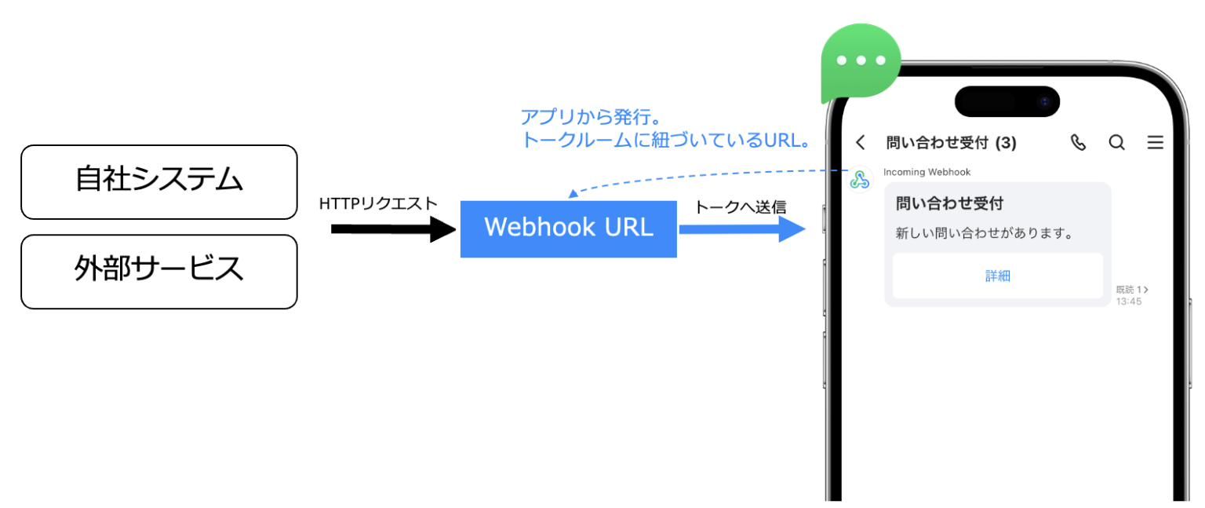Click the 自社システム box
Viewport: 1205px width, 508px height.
coord(159,181)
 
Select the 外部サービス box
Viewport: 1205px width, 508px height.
coord(159,271)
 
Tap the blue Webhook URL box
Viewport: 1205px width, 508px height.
coord(568,228)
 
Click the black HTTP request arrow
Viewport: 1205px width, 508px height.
coord(392,229)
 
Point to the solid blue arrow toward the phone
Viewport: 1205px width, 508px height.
coord(741,228)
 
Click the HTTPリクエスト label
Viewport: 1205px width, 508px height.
coord(378,204)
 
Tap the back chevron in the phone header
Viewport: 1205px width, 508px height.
coord(861,142)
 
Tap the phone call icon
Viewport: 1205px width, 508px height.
coord(1079,142)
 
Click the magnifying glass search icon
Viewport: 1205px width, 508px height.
coord(1116,142)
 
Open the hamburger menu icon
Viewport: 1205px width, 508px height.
coord(1155,142)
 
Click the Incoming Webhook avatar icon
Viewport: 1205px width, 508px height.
coord(860,180)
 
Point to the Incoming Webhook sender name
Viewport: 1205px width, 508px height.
coord(927,172)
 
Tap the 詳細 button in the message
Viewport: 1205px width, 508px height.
coord(997,276)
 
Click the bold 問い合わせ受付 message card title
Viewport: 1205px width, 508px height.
coord(949,203)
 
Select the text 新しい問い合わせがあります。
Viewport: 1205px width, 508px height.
coord(984,233)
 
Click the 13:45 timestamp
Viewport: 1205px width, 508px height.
coord(1129,302)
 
